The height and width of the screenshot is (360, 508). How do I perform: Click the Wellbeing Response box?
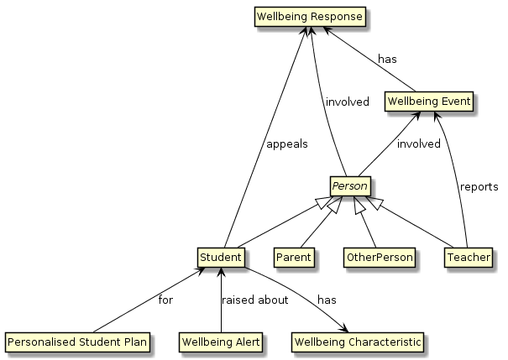[x=311, y=16]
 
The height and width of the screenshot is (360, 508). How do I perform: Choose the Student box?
[x=221, y=256]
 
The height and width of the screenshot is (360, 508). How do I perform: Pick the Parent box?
[x=294, y=257]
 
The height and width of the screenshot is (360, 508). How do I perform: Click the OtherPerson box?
[x=380, y=257]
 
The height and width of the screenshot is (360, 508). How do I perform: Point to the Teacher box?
[x=468, y=257]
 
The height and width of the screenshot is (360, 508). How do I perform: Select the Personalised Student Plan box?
[x=77, y=342]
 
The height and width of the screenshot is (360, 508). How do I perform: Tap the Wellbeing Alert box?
[x=220, y=342]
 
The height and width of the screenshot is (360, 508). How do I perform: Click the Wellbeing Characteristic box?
[x=358, y=342]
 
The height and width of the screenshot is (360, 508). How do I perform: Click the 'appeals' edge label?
[x=286, y=143]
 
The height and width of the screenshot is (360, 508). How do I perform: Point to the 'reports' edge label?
[x=479, y=186]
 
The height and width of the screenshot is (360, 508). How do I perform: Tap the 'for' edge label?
[x=166, y=300]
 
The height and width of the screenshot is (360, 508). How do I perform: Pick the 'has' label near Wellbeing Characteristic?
[x=327, y=300]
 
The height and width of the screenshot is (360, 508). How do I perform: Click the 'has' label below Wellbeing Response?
[x=387, y=60]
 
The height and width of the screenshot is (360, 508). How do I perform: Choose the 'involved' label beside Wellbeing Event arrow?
[x=419, y=143]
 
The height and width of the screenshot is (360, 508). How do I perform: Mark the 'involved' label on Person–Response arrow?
[x=347, y=102]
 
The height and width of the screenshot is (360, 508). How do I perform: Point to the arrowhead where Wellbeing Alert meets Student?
[x=220, y=269]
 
